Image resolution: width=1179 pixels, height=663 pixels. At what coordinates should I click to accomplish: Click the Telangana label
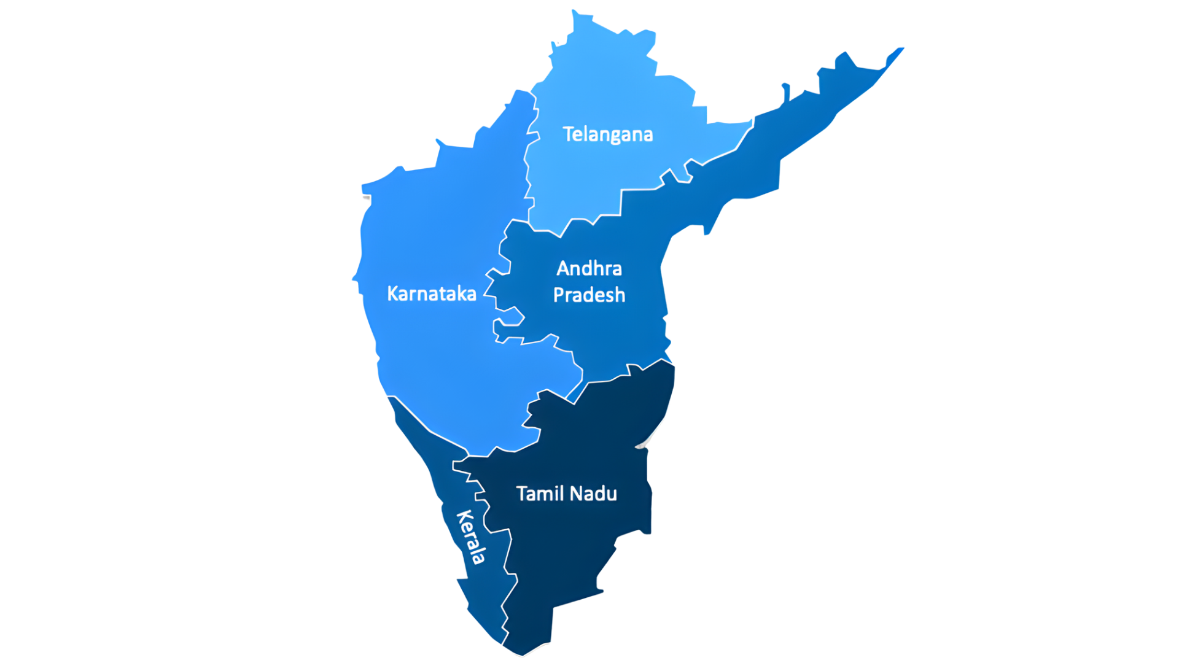click(x=607, y=134)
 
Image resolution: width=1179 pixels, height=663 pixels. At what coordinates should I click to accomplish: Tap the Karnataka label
click(x=431, y=293)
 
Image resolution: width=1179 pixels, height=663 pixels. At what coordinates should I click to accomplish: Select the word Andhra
click(x=589, y=268)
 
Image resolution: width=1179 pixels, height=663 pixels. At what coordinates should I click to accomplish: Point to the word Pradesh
click(x=589, y=295)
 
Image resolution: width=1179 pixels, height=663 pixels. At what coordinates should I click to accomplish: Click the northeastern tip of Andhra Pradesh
click(x=901, y=48)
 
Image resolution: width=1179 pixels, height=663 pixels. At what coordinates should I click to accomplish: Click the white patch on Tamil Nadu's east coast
click(x=644, y=443)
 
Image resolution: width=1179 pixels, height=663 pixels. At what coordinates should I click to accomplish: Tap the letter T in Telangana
click(x=569, y=133)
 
